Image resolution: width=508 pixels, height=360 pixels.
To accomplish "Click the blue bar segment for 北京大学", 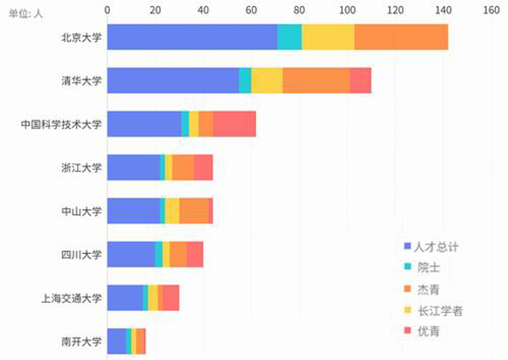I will coord(192,37).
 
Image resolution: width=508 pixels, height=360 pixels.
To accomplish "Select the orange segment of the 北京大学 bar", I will coord(401,37).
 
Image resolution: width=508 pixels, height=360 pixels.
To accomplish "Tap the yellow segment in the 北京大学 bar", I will coord(328,37).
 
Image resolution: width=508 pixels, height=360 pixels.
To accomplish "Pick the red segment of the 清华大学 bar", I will coord(360,80).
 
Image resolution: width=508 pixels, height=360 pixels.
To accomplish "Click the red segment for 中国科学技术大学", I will coord(234,123).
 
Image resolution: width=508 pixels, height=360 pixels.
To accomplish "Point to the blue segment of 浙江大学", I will coord(134,167).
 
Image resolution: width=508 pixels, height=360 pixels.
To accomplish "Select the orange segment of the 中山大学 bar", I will coord(193,211).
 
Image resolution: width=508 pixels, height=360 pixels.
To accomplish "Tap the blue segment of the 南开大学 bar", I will coord(117,341).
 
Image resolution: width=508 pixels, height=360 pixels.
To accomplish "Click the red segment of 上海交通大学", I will coord(170,297).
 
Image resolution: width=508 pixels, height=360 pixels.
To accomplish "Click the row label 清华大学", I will coord(81,80).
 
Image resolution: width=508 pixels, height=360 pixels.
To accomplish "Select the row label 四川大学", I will coord(81,254).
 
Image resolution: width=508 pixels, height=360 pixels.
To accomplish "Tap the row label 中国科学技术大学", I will coord(61,123).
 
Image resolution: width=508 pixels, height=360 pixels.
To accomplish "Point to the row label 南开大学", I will coord(81,341).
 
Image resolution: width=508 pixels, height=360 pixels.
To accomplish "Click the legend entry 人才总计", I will coord(436,246).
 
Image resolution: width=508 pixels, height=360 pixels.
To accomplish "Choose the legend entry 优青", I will coord(428,331).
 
